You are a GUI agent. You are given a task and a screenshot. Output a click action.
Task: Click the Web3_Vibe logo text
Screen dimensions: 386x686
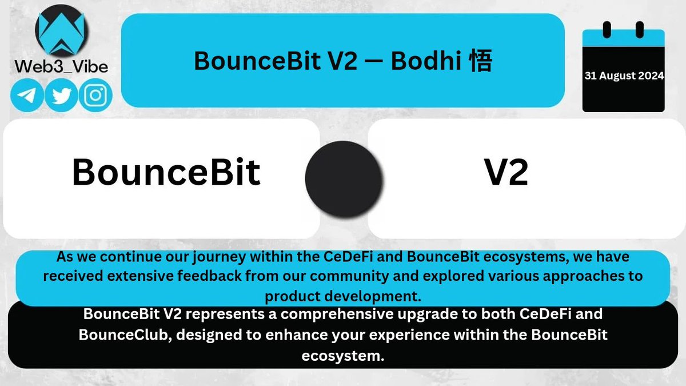pos(61,66)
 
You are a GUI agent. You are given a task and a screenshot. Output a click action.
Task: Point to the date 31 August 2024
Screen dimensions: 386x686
pos(624,76)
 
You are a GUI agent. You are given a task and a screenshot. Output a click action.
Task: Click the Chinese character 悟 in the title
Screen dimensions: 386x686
pos(479,61)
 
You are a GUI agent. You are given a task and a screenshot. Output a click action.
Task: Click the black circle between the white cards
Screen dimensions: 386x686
pos(343,174)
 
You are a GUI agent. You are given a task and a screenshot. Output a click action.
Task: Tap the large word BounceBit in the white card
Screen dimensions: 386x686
pos(166,172)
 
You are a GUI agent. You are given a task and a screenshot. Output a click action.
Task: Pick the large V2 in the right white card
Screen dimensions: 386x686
pos(506,172)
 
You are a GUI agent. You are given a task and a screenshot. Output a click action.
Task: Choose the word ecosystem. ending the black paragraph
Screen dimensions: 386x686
pos(342,355)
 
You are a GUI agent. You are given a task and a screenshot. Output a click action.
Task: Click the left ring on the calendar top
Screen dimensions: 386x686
pos(607,29)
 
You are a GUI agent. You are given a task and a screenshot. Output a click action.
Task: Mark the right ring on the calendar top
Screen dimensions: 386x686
pos(640,29)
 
